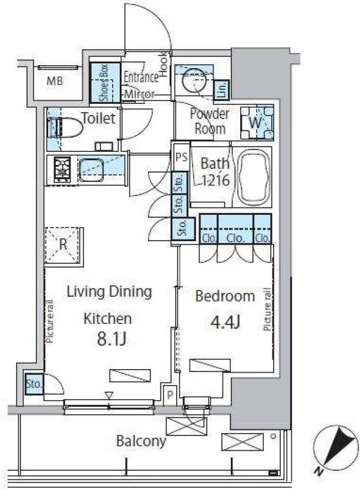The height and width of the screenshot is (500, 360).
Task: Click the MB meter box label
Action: click(x=55, y=82)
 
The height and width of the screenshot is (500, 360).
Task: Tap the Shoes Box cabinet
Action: click(x=105, y=82)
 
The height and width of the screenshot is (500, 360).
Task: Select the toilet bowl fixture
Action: click(x=65, y=128)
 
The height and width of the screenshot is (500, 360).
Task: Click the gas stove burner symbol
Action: click(x=62, y=170)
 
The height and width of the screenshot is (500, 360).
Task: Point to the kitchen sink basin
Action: click(x=91, y=170)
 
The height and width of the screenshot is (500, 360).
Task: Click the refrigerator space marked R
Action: click(x=63, y=245)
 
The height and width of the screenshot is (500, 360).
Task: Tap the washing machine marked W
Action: click(x=257, y=123)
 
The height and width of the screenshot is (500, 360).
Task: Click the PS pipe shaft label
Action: click(x=181, y=158)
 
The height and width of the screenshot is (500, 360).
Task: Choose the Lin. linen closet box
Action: click(x=221, y=89)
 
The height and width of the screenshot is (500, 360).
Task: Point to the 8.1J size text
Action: click(x=112, y=339)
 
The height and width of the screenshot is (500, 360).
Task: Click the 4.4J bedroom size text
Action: click(x=226, y=322)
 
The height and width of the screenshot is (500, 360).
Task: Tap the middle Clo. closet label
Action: click(x=235, y=238)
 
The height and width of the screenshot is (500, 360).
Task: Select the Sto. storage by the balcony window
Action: click(x=35, y=384)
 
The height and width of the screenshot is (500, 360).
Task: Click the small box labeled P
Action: click(x=170, y=396)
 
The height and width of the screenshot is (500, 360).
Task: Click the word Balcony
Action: click(x=141, y=442)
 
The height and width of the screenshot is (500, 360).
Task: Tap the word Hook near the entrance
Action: click(x=164, y=65)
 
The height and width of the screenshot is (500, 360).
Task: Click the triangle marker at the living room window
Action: click(x=109, y=396)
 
